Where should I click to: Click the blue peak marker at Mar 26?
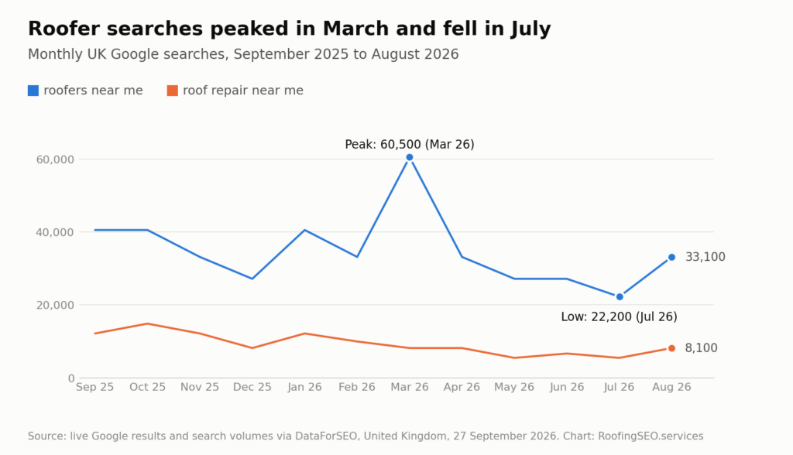(x=409, y=157)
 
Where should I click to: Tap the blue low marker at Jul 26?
(x=620, y=297)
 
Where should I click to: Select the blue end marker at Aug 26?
(x=671, y=258)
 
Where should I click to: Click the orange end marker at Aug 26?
(x=671, y=348)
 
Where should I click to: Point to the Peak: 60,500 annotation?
(x=410, y=145)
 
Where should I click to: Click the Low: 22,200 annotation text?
(x=619, y=317)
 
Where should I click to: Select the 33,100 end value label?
(x=705, y=257)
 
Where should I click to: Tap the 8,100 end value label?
(x=701, y=347)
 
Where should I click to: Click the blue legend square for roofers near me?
(x=33, y=91)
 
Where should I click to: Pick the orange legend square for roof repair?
(x=173, y=91)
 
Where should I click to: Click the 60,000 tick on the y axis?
(x=55, y=159)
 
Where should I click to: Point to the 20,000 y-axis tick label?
(x=55, y=306)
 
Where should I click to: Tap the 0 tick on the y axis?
(x=71, y=378)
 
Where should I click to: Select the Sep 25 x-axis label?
(x=95, y=387)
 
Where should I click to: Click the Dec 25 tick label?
(x=252, y=387)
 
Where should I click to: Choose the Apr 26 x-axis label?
(x=462, y=387)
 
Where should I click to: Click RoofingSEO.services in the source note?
(x=651, y=436)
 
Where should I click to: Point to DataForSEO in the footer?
(x=326, y=436)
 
